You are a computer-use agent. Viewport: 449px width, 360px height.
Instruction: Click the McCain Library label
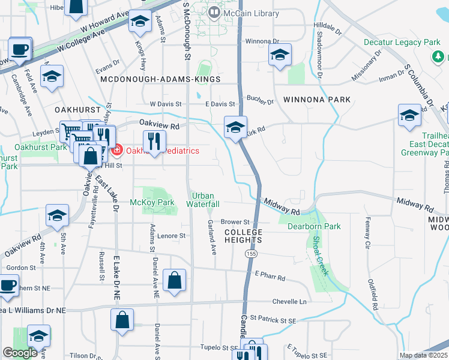tap(243, 13)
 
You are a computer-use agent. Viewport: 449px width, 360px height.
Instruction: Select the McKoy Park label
tap(152, 202)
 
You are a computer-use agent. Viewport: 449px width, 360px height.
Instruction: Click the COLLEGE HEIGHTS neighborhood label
tap(244, 236)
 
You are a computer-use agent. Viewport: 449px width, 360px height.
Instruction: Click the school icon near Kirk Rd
tap(235, 127)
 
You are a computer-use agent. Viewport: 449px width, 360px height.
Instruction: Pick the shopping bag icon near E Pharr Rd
tap(174, 280)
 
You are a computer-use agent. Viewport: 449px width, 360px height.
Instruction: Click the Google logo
tap(20, 353)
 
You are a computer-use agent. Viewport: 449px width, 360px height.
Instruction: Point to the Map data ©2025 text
tap(423, 355)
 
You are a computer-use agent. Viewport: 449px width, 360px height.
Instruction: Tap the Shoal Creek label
tap(320, 255)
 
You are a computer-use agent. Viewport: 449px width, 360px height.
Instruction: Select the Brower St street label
tap(235, 222)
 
